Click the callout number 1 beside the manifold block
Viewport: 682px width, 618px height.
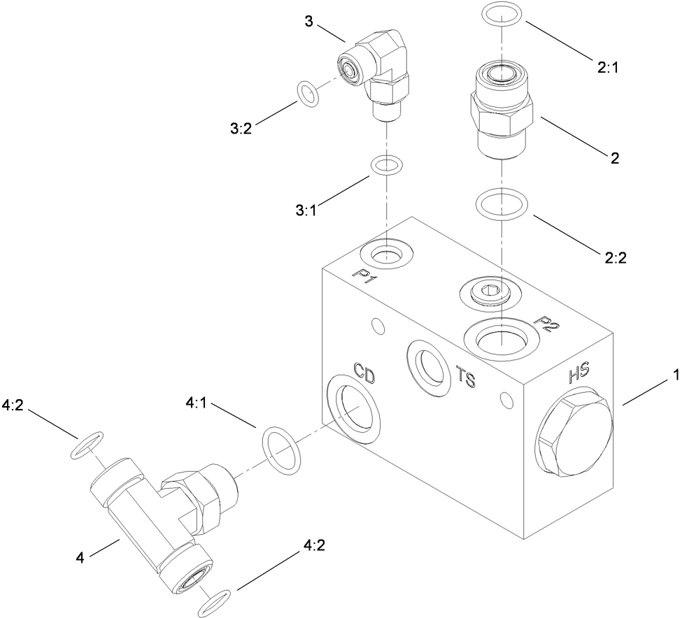pyautogui.click(x=676, y=375)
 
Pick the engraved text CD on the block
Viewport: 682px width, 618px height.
pyautogui.click(x=364, y=373)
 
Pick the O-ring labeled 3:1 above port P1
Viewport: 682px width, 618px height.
pyautogui.click(x=385, y=166)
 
